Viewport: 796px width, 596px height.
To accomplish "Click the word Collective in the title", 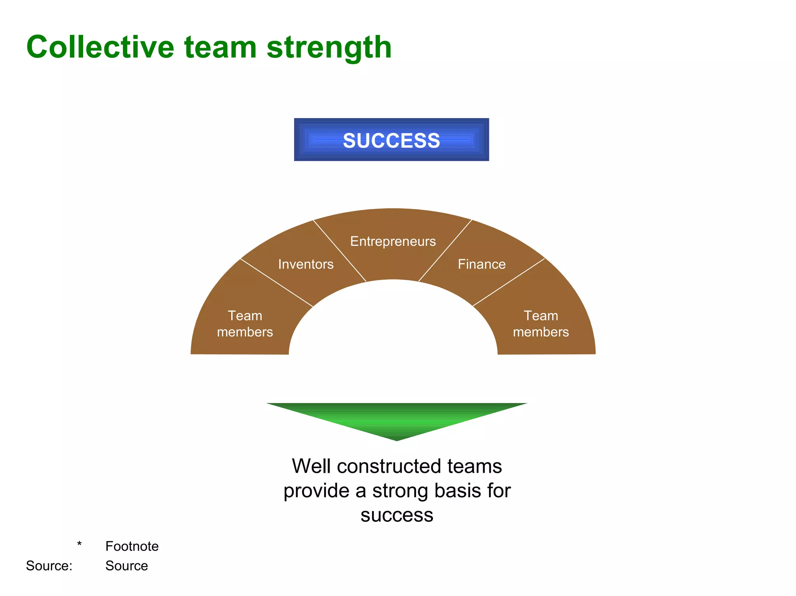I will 100,47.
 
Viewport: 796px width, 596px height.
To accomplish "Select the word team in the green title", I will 220,47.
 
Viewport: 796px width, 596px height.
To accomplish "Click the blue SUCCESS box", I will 391,140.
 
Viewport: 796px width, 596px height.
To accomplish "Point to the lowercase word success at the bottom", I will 396,515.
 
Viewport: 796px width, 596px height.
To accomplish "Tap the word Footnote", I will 132,546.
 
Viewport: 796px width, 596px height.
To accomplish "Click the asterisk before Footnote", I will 79,544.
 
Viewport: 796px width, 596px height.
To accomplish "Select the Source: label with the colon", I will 49,566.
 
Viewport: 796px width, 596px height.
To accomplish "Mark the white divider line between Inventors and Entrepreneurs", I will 340,251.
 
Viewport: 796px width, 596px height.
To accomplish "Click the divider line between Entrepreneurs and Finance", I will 445,251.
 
